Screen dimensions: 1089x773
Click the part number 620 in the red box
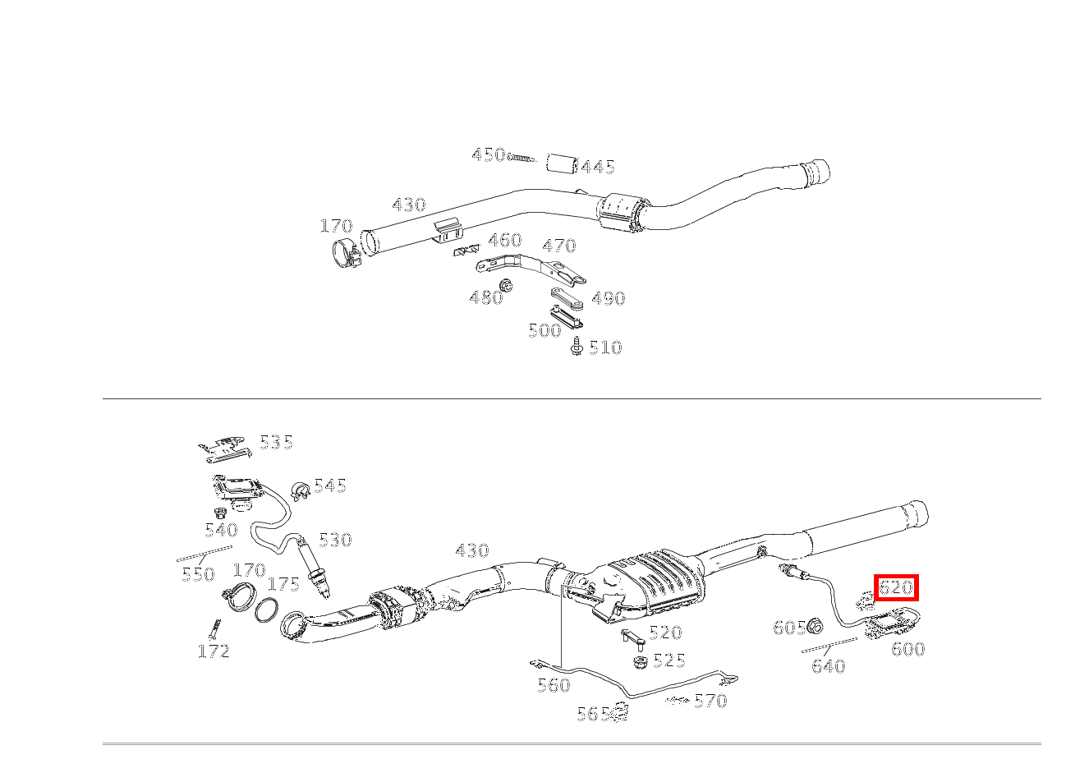click(x=897, y=588)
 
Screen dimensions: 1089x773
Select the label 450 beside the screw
click(x=489, y=155)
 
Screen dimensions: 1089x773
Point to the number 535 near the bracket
click(x=277, y=443)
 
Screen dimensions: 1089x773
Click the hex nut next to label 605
click(x=815, y=626)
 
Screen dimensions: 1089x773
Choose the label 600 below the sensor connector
click(x=908, y=649)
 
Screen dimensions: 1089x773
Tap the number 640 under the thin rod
click(x=829, y=665)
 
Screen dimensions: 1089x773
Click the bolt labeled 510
click(x=577, y=346)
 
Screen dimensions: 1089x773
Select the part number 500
click(x=545, y=330)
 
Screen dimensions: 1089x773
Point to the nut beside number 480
click(x=507, y=285)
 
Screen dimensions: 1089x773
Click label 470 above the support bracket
click(x=559, y=246)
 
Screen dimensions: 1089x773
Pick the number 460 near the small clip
click(x=505, y=240)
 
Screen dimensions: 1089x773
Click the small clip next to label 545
click(x=300, y=490)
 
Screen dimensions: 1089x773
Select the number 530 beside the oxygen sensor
click(x=335, y=540)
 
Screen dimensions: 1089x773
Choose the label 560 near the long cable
click(x=554, y=685)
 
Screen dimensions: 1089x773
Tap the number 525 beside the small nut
click(x=669, y=660)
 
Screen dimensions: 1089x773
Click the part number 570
click(x=710, y=701)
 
